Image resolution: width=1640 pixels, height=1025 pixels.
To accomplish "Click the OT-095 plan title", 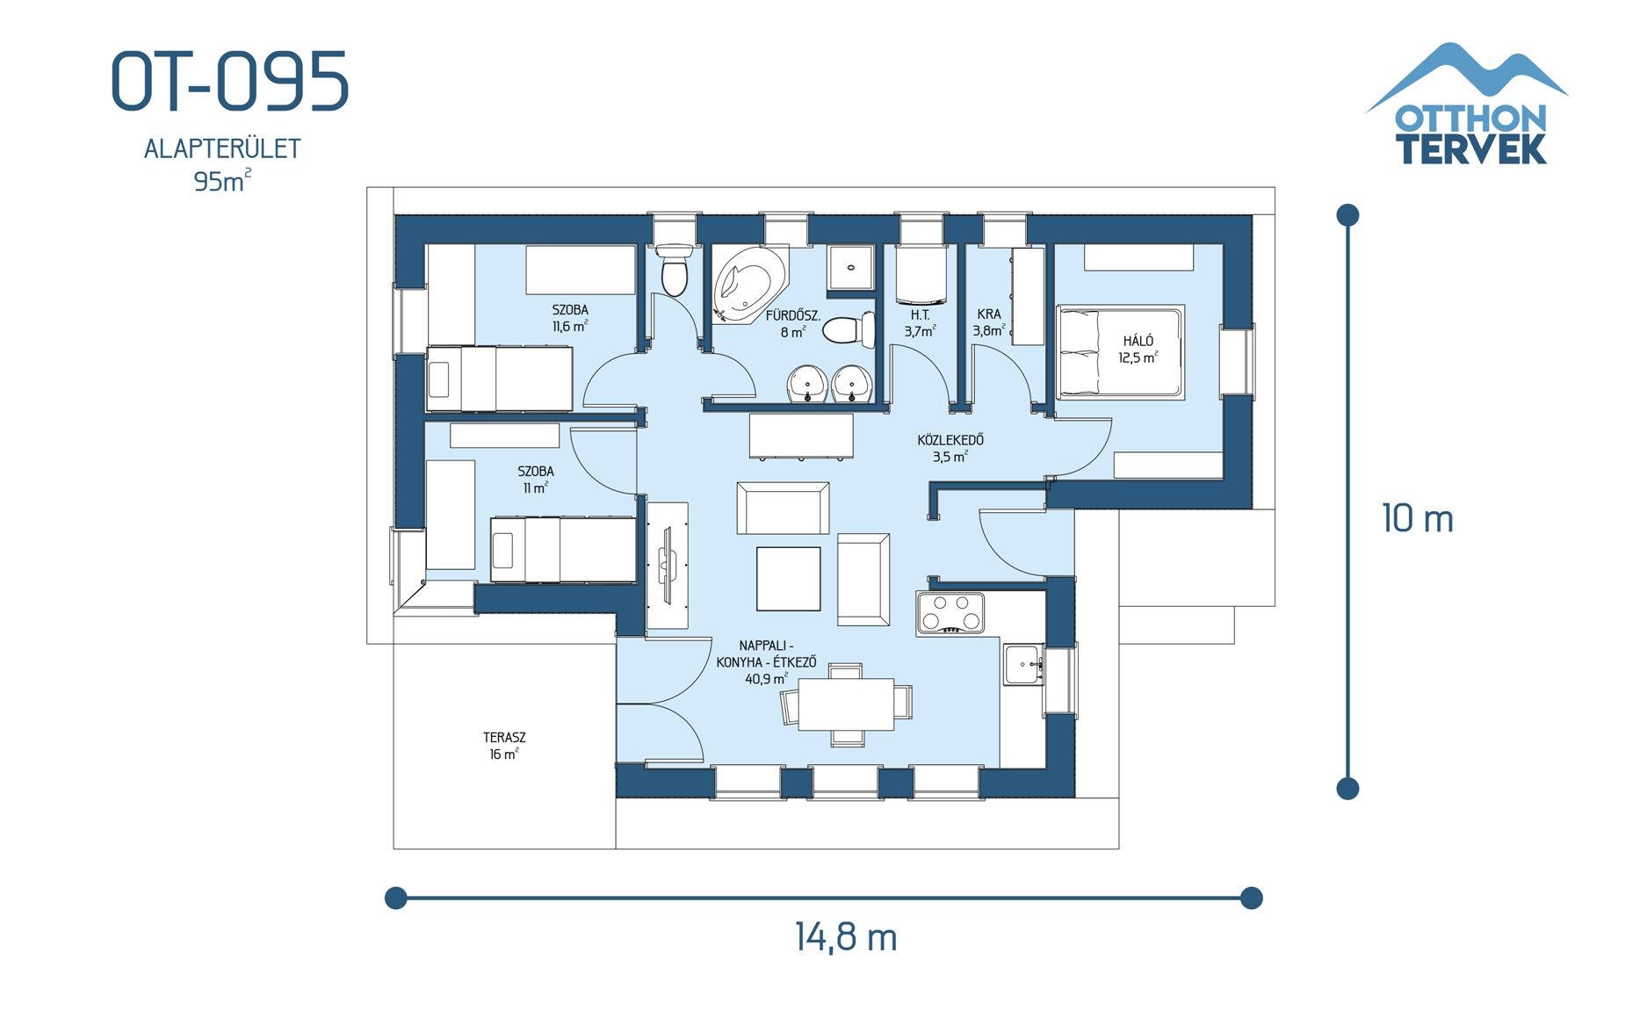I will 230,81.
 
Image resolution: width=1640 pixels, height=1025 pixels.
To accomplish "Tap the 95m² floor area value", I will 221,181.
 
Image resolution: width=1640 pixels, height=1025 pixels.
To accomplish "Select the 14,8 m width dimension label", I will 846,937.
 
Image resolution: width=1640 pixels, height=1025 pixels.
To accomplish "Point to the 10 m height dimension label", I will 1417,518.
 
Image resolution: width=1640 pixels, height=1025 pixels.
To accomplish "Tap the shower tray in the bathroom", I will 850,267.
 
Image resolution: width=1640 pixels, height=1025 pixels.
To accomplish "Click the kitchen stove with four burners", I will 950,612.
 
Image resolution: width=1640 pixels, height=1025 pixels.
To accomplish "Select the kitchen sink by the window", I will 1022,665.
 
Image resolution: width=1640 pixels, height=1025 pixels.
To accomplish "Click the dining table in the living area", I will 846,704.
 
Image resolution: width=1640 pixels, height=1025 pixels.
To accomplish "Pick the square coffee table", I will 788,578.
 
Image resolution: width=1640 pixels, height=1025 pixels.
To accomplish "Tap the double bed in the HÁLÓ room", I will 1120,352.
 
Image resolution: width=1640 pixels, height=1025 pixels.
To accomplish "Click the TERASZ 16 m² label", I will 503,746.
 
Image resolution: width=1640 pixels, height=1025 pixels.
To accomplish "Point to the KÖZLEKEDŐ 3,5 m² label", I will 950,448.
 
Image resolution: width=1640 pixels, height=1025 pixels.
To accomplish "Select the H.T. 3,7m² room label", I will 920,322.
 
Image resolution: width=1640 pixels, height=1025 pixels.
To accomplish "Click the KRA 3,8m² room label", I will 989,322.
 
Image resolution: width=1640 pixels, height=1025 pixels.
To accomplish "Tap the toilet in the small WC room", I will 675,271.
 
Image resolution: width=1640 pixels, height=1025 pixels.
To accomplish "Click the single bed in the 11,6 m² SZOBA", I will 499,379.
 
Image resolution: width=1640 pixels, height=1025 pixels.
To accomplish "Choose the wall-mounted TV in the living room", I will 667,564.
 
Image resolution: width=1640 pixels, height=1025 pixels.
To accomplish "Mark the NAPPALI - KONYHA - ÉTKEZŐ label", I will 766,662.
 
